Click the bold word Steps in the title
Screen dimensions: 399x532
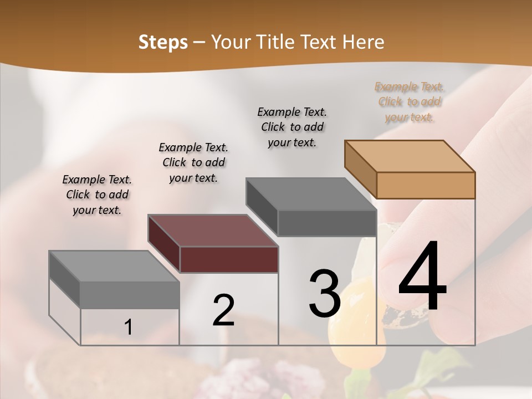[163, 42]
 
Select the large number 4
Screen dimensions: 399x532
[422, 277]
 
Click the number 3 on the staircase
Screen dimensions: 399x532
[325, 293]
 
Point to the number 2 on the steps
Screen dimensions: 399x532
[223, 310]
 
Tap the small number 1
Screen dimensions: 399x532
[129, 328]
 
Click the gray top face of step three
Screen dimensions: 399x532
[311, 194]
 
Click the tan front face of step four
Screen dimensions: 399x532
[426, 185]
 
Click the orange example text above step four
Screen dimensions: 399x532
[409, 102]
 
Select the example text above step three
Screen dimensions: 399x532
[292, 127]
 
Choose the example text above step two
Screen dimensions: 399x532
[193, 162]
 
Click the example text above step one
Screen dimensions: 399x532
[97, 195]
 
